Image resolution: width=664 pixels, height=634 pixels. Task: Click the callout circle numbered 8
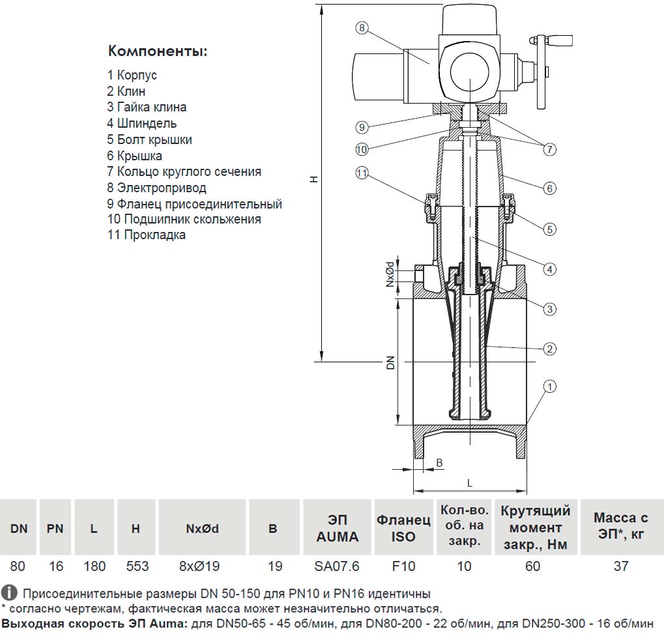[362, 28]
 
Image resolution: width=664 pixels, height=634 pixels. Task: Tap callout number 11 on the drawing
[362, 173]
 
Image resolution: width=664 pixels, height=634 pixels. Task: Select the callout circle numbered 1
[550, 386]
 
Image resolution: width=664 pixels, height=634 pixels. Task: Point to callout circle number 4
[550, 269]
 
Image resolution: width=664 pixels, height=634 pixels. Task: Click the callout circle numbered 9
[362, 126]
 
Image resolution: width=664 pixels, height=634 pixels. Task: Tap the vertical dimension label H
[314, 179]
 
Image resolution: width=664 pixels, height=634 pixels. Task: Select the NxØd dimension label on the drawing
[389, 275]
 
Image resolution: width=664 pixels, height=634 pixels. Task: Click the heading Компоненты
[158, 51]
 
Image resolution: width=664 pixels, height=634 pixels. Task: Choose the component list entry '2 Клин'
[126, 91]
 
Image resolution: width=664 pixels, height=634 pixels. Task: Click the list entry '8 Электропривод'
[156, 188]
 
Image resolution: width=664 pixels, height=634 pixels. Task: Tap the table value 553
[136, 566]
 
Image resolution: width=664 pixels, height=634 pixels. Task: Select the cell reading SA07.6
[337, 566]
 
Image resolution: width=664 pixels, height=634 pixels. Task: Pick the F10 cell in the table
[403, 566]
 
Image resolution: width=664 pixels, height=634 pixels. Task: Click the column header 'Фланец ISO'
[403, 528]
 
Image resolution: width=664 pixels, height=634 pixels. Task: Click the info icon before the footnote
[8, 593]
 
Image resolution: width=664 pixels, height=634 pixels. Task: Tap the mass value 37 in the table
[620, 566]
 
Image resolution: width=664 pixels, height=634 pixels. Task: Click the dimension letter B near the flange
[439, 463]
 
